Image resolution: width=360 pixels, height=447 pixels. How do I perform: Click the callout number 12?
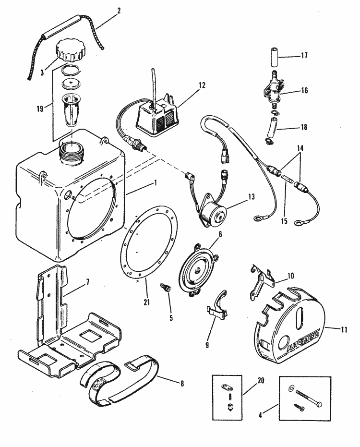pyautogui.click(x=202, y=85)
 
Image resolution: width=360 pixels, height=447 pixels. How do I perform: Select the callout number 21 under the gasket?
pyautogui.click(x=146, y=302)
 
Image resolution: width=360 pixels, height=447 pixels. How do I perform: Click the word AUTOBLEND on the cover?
pyautogui.click(x=302, y=340)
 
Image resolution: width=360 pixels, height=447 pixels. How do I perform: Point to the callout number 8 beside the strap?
pyautogui.click(x=181, y=384)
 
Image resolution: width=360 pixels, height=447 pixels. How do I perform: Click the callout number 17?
pyautogui.click(x=304, y=55)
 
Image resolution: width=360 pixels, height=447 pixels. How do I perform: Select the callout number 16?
pyautogui.click(x=304, y=90)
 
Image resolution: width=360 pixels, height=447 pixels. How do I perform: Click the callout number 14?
pyautogui.click(x=300, y=148)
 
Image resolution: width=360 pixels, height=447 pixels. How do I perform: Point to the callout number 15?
pyautogui.click(x=284, y=221)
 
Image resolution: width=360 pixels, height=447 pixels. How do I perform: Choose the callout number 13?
pyautogui.click(x=251, y=197)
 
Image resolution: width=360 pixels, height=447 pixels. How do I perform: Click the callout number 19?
pyautogui.click(x=40, y=109)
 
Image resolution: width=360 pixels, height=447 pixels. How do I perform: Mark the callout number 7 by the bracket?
pyautogui.click(x=88, y=282)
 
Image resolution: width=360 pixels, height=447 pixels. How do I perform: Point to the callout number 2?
pyautogui.click(x=119, y=11)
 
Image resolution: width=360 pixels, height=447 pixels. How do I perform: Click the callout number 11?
pyautogui.click(x=344, y=329)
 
